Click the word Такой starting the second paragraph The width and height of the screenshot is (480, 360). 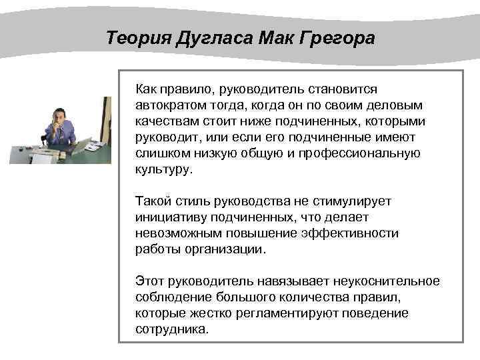pos(151,201)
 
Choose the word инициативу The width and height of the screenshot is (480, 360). pos(167,217)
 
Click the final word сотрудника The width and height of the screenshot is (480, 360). pos(171,329)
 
